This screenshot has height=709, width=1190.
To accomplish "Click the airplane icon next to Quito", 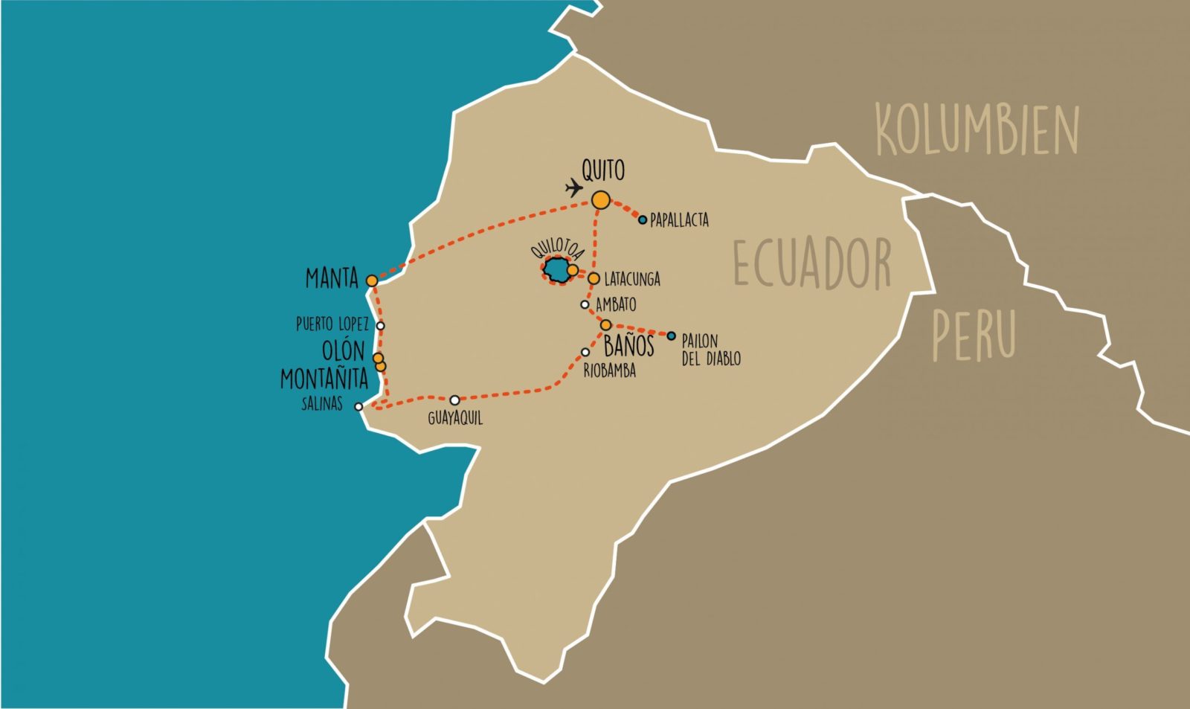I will [573, 187].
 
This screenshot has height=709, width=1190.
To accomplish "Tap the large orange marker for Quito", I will [601, 199].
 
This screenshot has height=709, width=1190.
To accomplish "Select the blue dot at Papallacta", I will [643, 219].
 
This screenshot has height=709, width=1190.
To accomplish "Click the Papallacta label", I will [679, 220].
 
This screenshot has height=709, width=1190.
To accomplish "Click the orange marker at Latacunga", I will [594, 278].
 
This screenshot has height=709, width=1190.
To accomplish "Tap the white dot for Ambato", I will [585, 304].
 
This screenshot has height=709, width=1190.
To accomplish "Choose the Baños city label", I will [628, 346].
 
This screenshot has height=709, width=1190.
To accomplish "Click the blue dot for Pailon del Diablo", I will [671, 336].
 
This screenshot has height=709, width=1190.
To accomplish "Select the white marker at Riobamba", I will [585, 353].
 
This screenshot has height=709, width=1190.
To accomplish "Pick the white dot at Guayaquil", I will [454, 400].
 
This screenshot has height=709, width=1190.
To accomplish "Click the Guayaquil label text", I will [455, 418].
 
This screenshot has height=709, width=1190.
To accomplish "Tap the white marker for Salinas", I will [358, 406].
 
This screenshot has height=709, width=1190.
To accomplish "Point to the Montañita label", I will [324, 379].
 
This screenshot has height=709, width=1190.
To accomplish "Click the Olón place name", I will [343, 350].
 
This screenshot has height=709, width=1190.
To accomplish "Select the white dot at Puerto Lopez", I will [381, 325].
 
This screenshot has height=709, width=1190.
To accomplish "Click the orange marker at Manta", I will [372, 280].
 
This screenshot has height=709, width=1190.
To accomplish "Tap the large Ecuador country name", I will [812, 263].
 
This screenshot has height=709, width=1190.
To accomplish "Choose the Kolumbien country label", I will [977, 130].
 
